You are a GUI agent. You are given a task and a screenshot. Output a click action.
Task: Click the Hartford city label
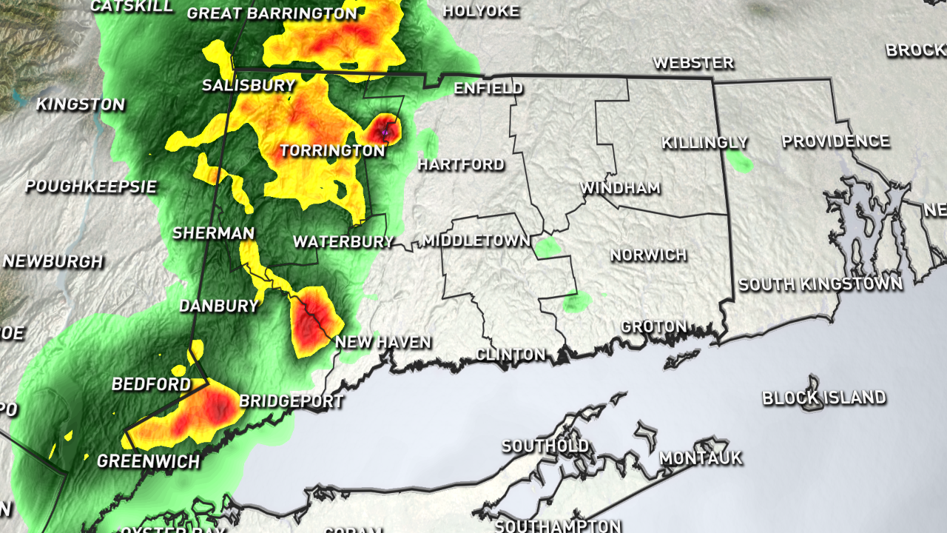click(461, 164)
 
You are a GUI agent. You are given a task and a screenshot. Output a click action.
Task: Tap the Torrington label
click(332, 151)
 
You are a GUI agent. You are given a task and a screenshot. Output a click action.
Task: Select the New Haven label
click(382, 342)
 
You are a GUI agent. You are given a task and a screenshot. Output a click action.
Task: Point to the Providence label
click(835, 141)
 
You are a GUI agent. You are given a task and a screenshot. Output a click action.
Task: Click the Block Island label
click(823, 398)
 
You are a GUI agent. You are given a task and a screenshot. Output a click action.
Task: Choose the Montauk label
click(700, 458)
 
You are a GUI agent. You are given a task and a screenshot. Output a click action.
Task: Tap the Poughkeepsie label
click(91, 187)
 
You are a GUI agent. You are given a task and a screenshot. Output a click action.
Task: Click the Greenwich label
click(148, 462)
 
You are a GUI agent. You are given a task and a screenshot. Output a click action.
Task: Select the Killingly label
click(704, 142)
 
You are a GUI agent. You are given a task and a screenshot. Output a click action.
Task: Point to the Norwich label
click(648, 255)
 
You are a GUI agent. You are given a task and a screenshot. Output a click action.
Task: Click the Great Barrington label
click(272, 13)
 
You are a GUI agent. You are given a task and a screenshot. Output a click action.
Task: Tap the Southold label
click(545, 446)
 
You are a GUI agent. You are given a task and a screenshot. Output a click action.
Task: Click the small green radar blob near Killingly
click(739, 161)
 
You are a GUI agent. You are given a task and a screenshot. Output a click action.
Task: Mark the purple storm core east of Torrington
click(385, 131)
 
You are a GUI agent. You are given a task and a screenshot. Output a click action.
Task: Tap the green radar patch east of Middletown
click(547, 248)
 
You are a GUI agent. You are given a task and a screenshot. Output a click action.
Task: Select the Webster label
click(692, 63)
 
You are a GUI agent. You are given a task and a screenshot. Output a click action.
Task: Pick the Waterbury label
click(343, 242)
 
